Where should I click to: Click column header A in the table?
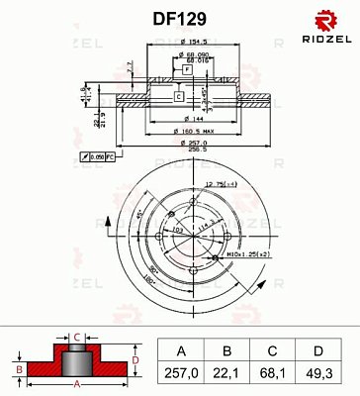point(180,349)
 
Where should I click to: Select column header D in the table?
point(317,349)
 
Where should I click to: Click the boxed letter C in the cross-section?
point(176,97)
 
